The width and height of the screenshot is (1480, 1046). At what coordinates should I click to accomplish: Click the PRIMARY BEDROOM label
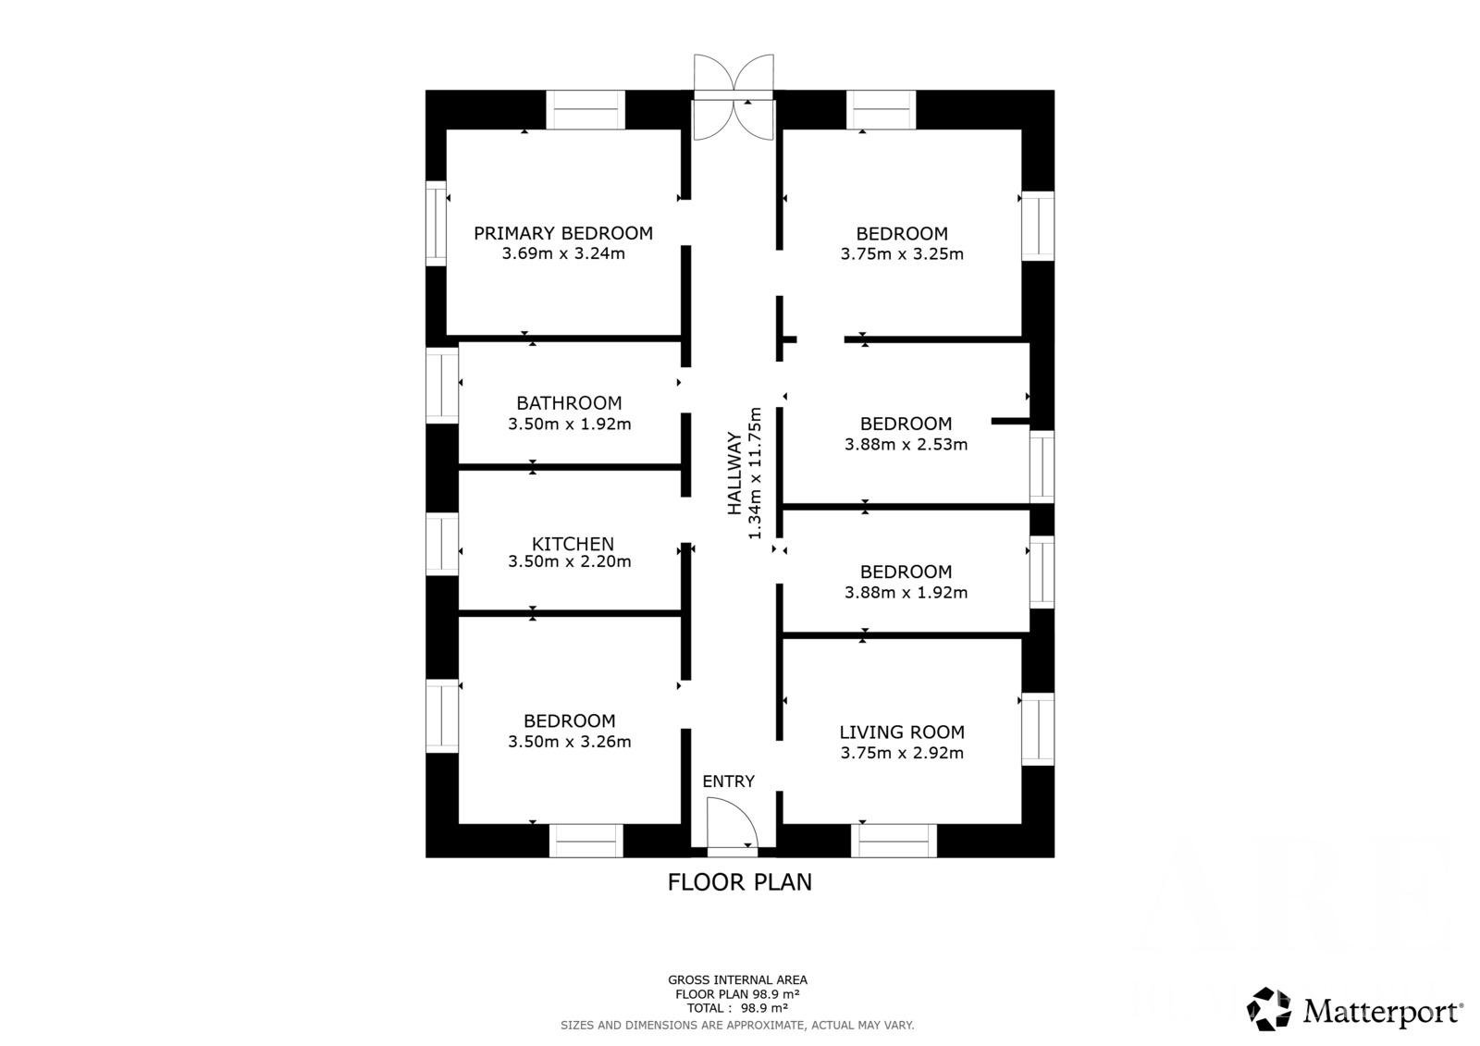tap(563, 233)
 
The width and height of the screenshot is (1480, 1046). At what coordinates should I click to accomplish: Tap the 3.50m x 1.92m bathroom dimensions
tap(569, 425)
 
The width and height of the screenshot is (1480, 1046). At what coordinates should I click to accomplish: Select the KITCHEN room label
tap(573, 544)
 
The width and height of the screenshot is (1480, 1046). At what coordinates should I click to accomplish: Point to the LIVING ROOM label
tap(902, 732)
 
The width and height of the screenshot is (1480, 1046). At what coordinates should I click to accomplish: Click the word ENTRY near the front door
tap(728, 781)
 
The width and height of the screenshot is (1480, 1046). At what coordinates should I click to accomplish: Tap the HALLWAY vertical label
tap(734, 474)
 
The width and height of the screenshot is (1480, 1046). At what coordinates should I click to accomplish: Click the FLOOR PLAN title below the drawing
tap(739, 882)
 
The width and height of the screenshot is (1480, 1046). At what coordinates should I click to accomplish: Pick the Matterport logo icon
tap(1268, 1009)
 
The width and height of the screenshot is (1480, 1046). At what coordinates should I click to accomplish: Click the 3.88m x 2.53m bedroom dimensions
tap(906, 445)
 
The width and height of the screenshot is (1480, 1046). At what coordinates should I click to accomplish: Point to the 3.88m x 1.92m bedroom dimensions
tap(906, 593)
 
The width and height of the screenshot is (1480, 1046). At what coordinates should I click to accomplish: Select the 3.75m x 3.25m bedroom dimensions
tap(902, 254)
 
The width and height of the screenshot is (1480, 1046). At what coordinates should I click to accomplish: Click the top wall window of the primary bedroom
tap(586, 110)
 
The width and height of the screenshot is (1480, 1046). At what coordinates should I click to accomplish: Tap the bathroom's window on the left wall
tap(442, 386)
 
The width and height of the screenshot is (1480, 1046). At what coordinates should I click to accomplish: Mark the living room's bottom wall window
tap(894, 841)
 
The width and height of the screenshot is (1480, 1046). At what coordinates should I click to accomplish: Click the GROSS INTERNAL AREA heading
tap(737, 980)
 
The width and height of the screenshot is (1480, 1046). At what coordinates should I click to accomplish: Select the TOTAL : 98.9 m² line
tap(737, 1008)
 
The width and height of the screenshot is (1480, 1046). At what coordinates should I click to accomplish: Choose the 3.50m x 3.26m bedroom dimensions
tap(569, 742)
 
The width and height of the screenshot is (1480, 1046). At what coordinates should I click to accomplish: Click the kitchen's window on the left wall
tap(442, 545)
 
